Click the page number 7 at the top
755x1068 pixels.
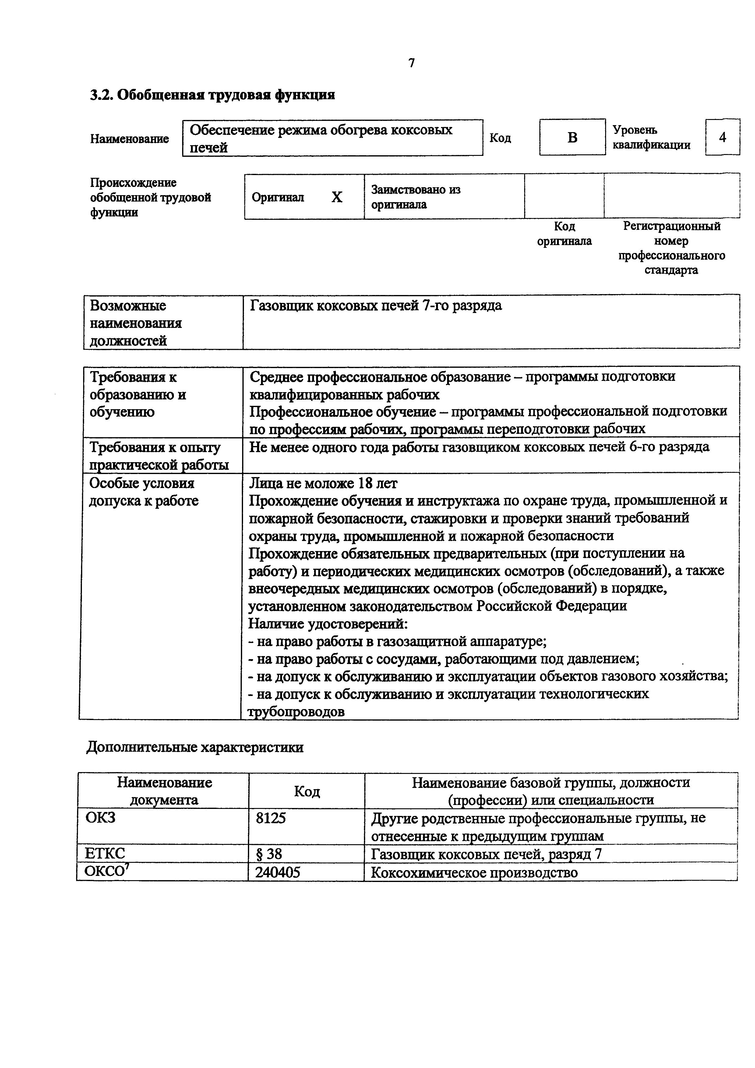[x=411, y=63]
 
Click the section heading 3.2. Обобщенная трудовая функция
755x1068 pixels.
[x=212, y=95]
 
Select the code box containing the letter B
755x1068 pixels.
[x=572, y=137]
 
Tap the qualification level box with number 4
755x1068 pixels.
[x=722, y=137]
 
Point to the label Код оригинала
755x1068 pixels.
[x=564, y=234]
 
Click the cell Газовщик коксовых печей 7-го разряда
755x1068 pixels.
[x=376, y=306]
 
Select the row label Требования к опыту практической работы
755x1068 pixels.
[x=159, y=455]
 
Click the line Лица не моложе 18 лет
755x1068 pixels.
[x=323, y=483]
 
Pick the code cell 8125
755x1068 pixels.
[x=271, y=818]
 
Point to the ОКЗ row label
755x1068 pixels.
[x=100, y=817]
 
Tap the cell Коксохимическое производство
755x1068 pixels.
[x=474, y=872]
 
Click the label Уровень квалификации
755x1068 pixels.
[x=651, y=137]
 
